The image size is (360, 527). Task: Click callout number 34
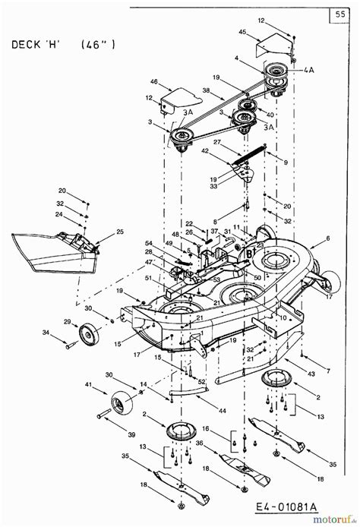(46, 333)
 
